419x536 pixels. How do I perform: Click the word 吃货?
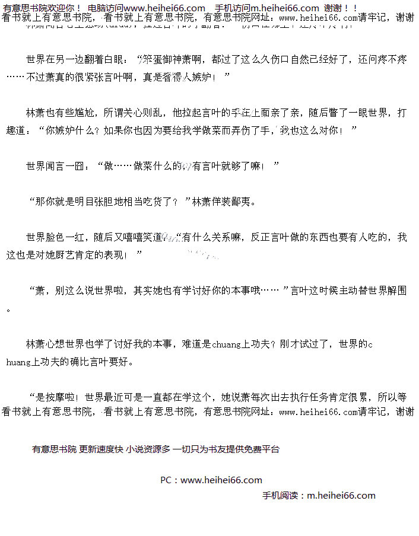click(x=148, y=202)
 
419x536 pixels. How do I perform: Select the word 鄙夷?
click(x=245, y=202)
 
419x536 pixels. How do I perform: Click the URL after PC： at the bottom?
click(x=221, y=480)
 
